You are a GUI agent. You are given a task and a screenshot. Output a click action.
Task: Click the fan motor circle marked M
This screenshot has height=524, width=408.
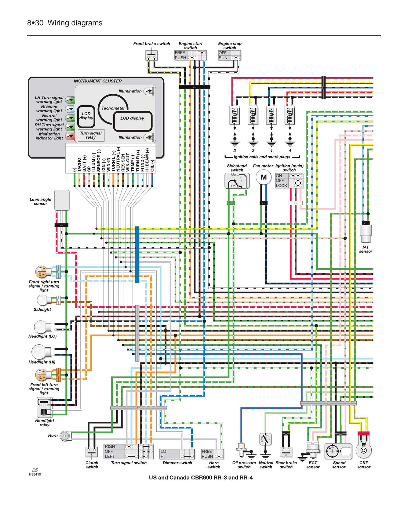click(264, 177)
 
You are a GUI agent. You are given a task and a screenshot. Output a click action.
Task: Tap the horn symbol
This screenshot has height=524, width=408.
click(64, 436)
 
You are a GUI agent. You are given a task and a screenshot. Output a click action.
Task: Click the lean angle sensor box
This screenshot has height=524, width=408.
click(62, 200)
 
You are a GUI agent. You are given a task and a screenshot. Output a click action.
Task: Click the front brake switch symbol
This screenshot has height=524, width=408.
click(151, 55)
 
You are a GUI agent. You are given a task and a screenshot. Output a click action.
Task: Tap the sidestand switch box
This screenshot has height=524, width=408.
click(237, 181)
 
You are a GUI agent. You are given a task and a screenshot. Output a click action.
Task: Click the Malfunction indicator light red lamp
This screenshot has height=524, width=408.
click(70, 136)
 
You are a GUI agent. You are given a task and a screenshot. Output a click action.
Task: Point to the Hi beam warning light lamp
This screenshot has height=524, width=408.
click(70, 109)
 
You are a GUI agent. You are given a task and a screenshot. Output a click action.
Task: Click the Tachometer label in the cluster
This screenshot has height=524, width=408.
click(113, 108)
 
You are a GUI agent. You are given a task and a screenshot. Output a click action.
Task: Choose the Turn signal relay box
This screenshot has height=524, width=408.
click(91, 135)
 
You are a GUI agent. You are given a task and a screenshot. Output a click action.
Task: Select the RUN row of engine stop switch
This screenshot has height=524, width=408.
click(229, 58)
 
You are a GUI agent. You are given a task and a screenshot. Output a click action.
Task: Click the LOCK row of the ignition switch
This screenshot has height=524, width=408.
click(289, 186)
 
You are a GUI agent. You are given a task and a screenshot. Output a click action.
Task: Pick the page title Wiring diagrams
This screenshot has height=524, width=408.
click(75, 23)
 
